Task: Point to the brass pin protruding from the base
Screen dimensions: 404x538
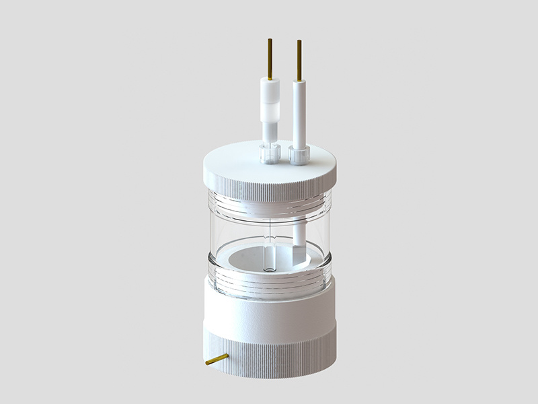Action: pos(217,360)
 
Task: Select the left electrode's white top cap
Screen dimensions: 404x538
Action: pos(270,88)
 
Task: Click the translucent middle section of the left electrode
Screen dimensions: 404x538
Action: pos(270,111)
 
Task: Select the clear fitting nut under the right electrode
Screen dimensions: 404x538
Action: pos(299,156)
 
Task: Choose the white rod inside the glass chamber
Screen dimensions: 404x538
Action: pos(298,232)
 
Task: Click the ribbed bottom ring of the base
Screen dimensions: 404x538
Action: pos(269,347)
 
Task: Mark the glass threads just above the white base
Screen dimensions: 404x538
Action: pos(269,283)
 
